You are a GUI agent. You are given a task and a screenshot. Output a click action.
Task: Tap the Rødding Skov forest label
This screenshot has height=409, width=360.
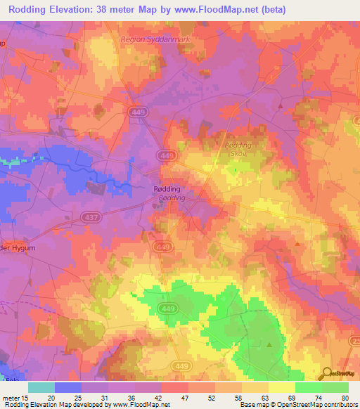point(238,148)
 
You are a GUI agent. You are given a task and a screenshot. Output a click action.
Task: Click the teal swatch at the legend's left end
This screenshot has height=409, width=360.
point(41,387)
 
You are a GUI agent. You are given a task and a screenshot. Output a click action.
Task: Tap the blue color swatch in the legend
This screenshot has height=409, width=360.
point(68,387)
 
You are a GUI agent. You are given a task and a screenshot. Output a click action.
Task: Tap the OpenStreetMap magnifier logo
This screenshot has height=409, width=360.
point(327,373)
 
